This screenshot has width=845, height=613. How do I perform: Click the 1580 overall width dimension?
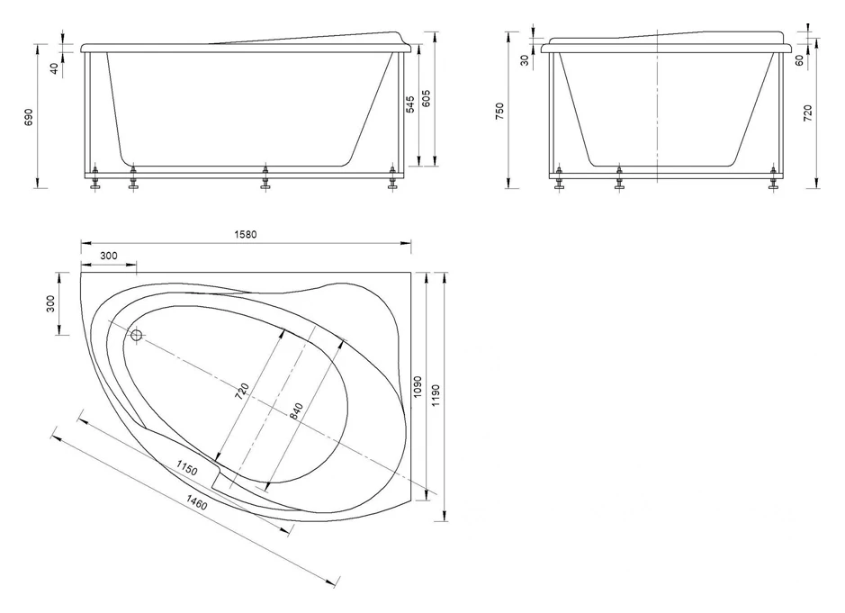[245, 235]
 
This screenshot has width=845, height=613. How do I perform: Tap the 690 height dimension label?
[29, 117]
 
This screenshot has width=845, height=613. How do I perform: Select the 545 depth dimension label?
[410, 104]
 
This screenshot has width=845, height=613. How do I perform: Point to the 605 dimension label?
[427, 99]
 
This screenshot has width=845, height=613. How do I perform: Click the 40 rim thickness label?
[54, 68]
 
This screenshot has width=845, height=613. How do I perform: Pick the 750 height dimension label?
[499, 111]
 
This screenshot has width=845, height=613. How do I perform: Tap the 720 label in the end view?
[808, 113]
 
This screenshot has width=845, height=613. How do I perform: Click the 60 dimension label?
[800, 59]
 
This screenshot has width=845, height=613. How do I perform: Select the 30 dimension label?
[526, 59]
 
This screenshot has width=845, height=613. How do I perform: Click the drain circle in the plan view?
[137, 336]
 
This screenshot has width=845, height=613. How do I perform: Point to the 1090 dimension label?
[418, 386]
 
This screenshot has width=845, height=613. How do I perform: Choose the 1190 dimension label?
[436, 396]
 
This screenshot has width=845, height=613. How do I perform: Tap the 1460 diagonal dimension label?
[197, 502]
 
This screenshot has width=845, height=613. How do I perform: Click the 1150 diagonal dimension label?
[186, 467]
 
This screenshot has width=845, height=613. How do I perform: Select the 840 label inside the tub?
[296, 412]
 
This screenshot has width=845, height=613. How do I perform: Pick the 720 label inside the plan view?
[242, 391]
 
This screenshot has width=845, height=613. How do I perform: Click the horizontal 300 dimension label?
[109, 256]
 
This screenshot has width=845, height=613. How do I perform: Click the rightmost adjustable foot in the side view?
[393, 178]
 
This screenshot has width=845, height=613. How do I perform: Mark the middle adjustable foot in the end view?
[619, 178]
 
